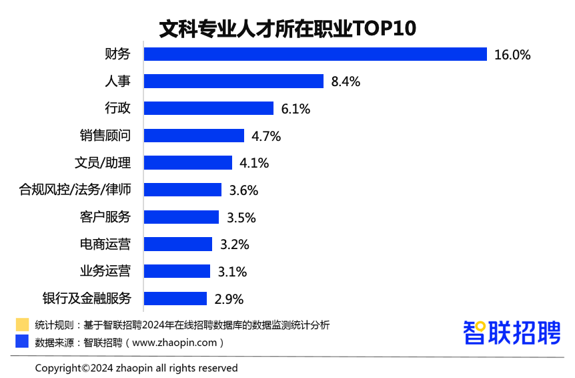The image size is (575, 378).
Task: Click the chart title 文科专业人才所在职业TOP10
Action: [x=287, y=29]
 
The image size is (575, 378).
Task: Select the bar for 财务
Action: [x=316, y=54]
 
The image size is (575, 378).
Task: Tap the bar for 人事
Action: [x=233, y=81]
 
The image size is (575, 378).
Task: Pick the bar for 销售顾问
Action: [x=194, y=136]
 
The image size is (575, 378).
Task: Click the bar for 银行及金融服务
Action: [x=175, y=299]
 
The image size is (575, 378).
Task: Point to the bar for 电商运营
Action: [x=178, y=244]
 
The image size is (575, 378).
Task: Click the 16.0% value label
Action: [x=512, y=55]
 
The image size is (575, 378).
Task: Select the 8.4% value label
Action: [x=346, y=82]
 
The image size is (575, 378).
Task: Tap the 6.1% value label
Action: [x=296, y=109]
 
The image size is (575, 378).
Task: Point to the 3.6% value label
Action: [x=243, y=190]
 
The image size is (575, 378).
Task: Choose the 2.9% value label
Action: [x=229, y=299]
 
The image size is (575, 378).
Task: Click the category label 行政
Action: [x=117, y=108]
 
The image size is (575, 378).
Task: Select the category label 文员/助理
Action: [x=102, y=163]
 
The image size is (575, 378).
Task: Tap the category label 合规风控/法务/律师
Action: [x=75, y=190]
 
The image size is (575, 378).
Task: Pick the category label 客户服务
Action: [x=105, y=217]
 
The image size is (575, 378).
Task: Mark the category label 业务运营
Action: [x=105, y=271]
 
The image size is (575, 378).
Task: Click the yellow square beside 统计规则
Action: [x=22, y=325]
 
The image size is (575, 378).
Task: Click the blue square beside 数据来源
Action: [x=22, y=341]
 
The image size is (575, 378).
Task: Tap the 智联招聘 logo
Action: [x=512, y=333]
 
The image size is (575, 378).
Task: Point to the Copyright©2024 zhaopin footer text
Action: [x=136, y=368]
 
